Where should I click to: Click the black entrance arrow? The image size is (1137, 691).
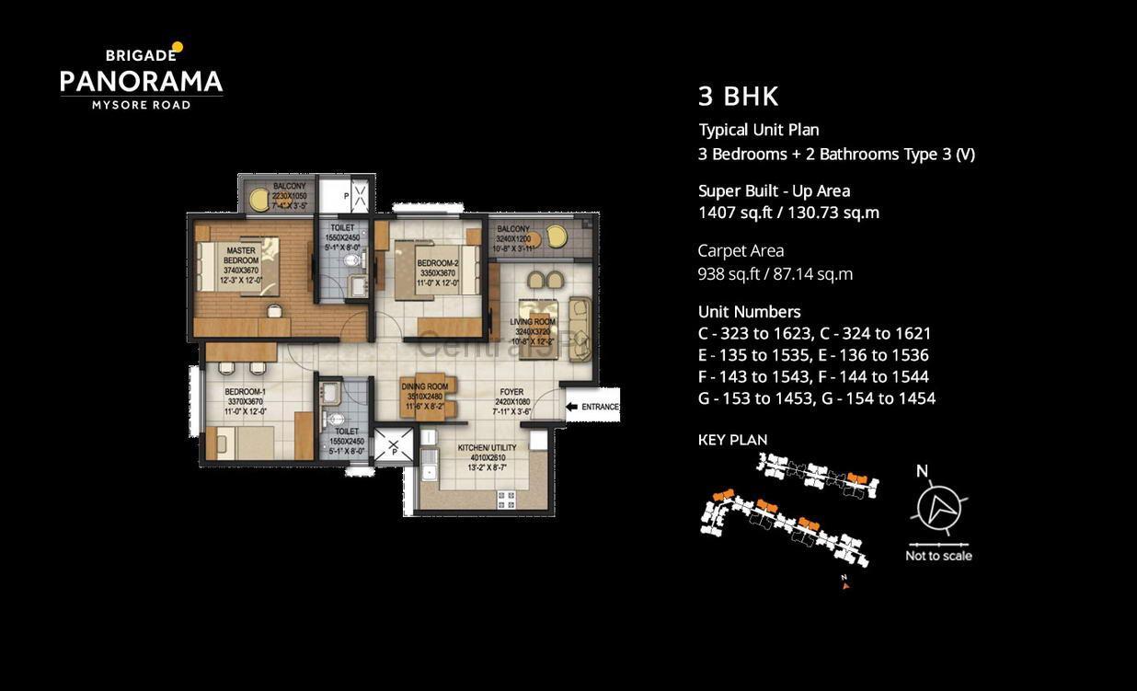coord(571,407)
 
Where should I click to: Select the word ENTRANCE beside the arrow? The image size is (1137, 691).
coord(600,407)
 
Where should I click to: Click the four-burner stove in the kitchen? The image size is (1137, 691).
coord(507,500)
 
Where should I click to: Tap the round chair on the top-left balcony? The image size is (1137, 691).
coord(260,197)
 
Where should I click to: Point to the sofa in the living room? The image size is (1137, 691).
coord(580,318)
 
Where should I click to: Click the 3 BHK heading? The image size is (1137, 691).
coord(739,97)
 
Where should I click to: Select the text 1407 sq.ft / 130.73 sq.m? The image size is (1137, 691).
coord(788,213)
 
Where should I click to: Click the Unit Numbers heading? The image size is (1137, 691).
coord(749,312)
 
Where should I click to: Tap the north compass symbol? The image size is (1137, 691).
coord(938,507)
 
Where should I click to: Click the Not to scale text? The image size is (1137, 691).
coord(938,556)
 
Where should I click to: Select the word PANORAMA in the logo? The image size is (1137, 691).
coord(142,83)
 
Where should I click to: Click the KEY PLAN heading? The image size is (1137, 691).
coord(732,440)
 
